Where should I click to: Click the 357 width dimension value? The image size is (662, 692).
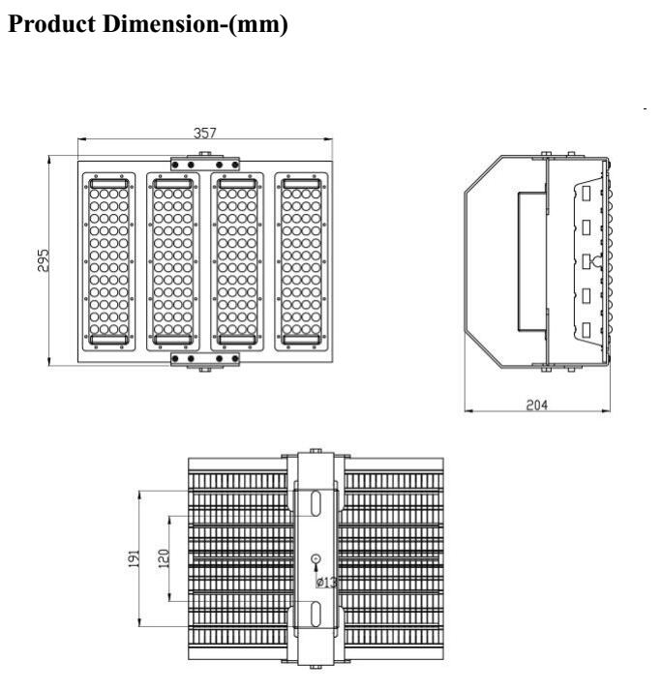[x=205, y=133]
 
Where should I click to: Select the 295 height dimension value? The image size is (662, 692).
[x=44, y=260]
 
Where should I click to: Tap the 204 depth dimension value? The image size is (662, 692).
[x=537, y=405]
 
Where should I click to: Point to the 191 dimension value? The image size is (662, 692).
[x=135, y=558]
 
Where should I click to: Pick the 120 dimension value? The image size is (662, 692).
[x=164, y=558]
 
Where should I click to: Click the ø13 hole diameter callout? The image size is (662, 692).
[x=326, y=582]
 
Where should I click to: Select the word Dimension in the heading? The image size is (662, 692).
[x=161, y=24]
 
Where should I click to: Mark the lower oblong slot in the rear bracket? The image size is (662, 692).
[x=316, y=614]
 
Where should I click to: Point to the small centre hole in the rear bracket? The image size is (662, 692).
[x=316, y=558]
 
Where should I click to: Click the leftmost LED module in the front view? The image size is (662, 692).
[x=108, y=261]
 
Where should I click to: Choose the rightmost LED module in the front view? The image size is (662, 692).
[x=302, y=261]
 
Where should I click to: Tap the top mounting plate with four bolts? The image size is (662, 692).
[x=205, y=165]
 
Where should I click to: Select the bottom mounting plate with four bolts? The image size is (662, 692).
[x=205, y=359]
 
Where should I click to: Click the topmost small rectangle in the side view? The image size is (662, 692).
[x=587, y=194]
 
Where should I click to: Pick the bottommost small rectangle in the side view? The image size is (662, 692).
[x=587, y=330]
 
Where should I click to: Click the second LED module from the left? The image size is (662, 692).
[x=173, y=261]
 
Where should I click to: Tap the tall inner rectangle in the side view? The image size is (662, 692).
[x=532, y=261]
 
